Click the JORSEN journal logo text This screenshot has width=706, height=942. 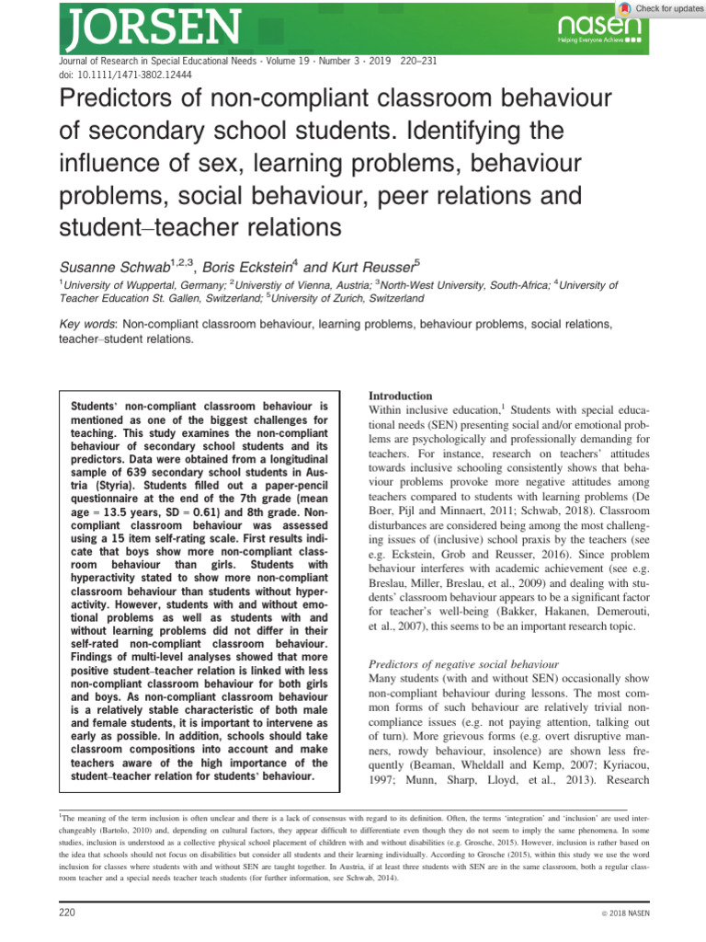(x=135, y=28)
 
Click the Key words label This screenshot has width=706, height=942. (x=87, y=324)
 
